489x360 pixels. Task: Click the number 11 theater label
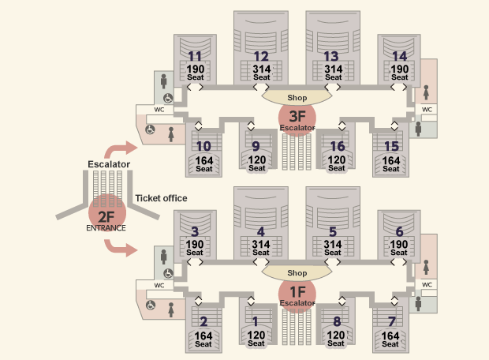click(x=195, y=57)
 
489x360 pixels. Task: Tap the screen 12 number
click(x=261, y=57)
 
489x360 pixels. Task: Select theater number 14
click(x=400, y=57)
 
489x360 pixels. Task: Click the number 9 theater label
click(x=256, y=146)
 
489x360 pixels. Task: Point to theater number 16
click(x=338, y=146)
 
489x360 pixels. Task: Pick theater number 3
click(x=195, y=231)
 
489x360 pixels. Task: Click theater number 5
click(x=333, y=231)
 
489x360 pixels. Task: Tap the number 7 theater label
click(x=391, y=321)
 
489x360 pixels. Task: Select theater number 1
click(x=256, y=321)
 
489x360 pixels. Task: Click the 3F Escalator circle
click(x=297, y=118)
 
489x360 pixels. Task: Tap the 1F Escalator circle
click(x=297, y=294)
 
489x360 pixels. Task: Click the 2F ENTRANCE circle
click(x=107, y=213)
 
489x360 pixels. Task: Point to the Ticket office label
click(x=161, y=198)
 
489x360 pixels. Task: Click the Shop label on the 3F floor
click(x=297, y=98)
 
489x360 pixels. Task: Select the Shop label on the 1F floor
click(x=297, y=273)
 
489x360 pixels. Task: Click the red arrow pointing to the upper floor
click(x=119, y=149)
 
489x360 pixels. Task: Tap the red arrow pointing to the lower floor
click(x=119, y=248)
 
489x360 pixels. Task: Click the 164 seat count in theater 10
click(x=204, y=161)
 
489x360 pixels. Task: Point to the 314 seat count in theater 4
click(x=261, y=244)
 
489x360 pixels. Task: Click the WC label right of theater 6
click(x=427, y=284)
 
